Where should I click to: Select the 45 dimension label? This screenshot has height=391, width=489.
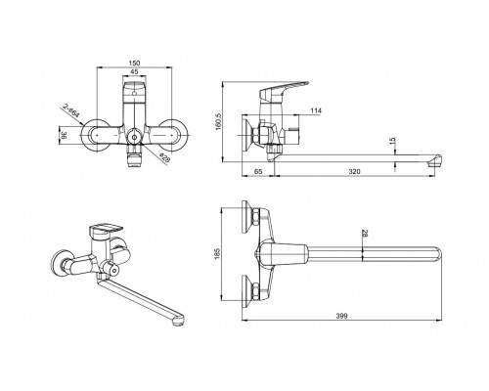[x=133, y=72]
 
